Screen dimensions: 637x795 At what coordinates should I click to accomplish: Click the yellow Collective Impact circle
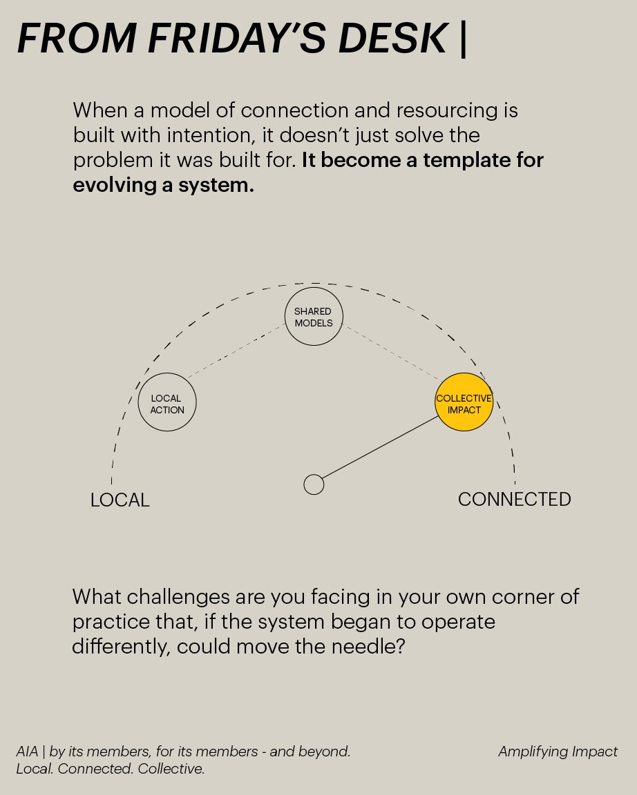pos(464,402)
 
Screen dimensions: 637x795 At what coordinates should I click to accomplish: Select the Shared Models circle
pos(314,317)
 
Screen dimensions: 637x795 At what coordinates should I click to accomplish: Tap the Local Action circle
pos(167,403)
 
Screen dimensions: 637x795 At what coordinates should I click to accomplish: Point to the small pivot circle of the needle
pos(314,484)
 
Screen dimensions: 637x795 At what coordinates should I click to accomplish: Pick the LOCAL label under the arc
pos(120,500)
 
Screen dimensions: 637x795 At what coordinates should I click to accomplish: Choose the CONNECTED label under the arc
pos(514,499)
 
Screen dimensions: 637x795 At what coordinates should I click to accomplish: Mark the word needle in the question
pos(349,647)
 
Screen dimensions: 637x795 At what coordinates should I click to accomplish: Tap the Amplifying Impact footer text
pos(558,752)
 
